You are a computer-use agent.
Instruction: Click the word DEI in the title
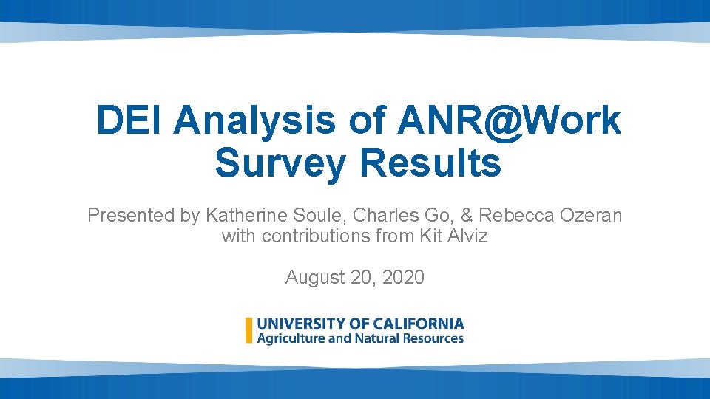point(129,120)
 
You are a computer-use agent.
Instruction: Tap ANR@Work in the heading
point(509,120)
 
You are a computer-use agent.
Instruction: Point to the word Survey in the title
point(280,163)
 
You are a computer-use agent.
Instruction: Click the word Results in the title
point(430,163)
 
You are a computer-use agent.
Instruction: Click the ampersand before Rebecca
point(466,216)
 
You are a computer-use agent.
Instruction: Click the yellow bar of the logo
point(249,330)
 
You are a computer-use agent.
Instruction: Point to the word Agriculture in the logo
point(291,338)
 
